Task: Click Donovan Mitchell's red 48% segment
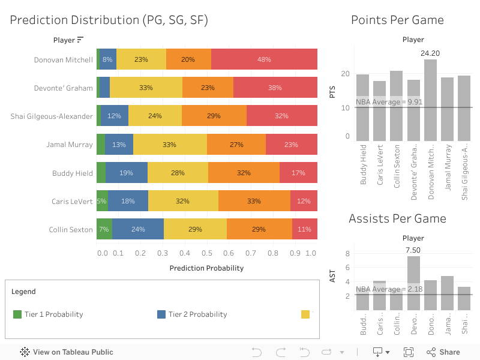coord(264,59)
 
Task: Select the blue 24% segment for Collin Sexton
coord(138,229)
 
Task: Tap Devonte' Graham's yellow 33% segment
coord(146,88)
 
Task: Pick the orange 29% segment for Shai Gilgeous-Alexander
coord(214,116)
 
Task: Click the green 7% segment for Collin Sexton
coord(104,229)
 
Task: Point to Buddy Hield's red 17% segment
coord(298,173)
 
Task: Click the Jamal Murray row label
coord(70,145)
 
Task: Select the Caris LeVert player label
coord(72,201)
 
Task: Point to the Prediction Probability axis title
coord(206,268)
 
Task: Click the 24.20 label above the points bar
coord(430,53)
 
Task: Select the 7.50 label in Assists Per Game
coord(413,250)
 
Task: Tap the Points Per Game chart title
coord(397,20)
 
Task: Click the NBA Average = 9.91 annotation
coord(389,102)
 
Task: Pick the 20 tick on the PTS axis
coord(346,74)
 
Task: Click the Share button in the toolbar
coord(443,352)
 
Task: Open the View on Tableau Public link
coord(67,352)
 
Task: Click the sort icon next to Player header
coord(80,40)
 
